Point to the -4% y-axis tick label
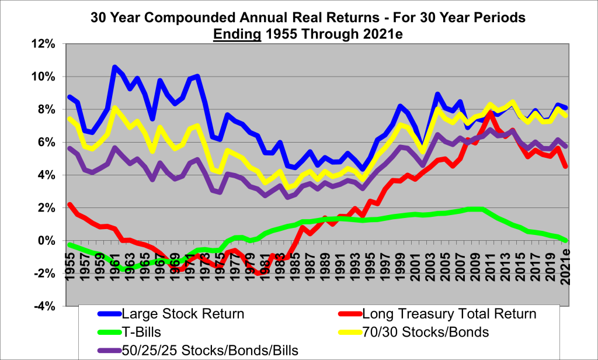click(43, 306)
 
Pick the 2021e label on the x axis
click(565, 266)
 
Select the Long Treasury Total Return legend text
click(448, 314)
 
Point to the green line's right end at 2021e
click(565, 240)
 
